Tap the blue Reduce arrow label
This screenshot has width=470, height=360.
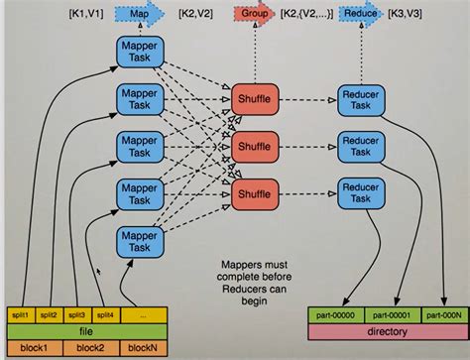(x=361, y=16)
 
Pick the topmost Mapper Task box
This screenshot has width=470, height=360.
(x=138, y=55)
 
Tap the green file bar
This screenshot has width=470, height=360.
(x=88, y=330)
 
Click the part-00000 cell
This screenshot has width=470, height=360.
(x=336, y=313)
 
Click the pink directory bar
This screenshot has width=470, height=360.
(x=388, y=330)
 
